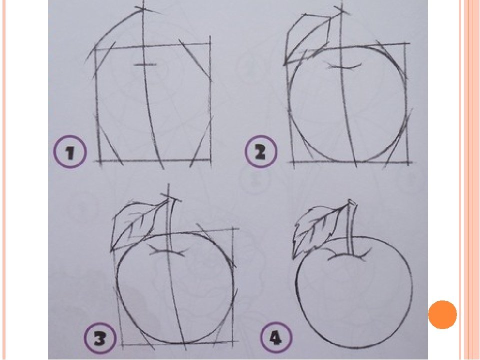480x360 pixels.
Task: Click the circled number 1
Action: point(70,152)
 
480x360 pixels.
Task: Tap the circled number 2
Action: point(261,151)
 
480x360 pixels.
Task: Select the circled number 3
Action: point(100,338)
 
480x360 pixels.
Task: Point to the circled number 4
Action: point(276,338)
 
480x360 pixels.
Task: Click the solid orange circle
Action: point(442,314)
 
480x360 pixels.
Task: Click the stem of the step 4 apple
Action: point(351,228)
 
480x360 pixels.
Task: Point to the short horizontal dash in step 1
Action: point(145,64)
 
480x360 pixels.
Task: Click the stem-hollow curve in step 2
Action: point(345,66)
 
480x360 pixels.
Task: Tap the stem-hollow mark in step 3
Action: point(167,250)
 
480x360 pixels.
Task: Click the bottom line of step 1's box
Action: point(153,160)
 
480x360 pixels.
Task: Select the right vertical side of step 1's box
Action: point(210,101)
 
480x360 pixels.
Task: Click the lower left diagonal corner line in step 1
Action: point(108,139)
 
